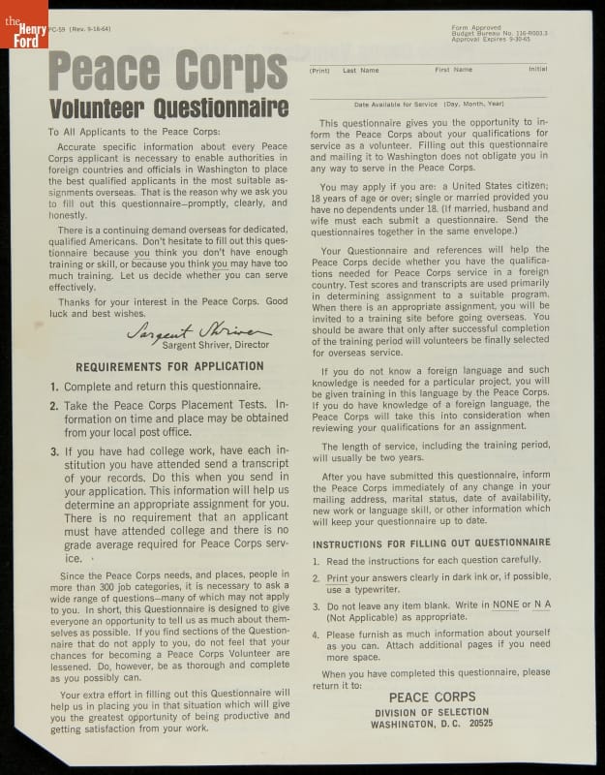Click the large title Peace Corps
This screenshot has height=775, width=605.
167,70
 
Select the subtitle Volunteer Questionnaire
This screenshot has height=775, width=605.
167,107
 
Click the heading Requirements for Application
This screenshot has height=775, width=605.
169,366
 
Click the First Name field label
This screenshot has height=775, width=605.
453,70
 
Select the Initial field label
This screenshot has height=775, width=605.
537,70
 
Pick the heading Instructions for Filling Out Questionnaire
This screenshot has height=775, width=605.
432,542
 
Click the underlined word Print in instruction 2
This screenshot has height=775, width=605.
337,578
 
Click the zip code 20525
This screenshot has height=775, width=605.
476,723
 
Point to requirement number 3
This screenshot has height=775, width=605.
54,451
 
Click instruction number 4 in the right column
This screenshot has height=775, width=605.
317,635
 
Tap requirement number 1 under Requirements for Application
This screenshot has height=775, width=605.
54,386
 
